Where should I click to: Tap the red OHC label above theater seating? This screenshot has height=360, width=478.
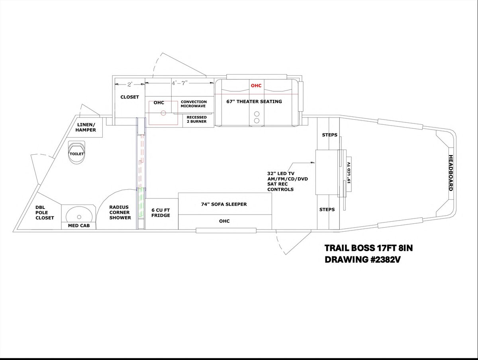coord(256,86)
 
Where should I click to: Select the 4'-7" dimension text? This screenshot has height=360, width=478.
coord(180,83)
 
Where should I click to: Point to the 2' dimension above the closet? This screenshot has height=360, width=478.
coord(130,85)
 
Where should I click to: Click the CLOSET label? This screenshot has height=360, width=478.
coord(129,97)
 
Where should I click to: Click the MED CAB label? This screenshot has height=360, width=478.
coord(79,226)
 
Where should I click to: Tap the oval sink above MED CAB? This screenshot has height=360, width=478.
coord(79,216)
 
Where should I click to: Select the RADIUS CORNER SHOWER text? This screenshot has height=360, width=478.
coord(120,212)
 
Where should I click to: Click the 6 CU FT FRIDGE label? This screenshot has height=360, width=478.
coord(161,212)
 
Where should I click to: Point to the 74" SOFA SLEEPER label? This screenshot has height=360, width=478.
coord(224,204)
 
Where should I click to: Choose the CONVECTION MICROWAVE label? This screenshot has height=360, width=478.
coord(194,104)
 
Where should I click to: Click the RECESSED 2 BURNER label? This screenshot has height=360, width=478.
coord(197,120)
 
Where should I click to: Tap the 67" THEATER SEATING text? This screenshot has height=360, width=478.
coord(254,101)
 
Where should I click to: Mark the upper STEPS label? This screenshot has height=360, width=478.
coord(330,135)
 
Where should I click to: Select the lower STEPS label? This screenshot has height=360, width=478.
coord(327,209)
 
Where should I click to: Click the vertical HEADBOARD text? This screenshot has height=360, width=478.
coord(451,173)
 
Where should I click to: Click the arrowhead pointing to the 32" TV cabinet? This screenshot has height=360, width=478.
coord(313,163)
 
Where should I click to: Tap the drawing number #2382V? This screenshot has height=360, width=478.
coord(384,260)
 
